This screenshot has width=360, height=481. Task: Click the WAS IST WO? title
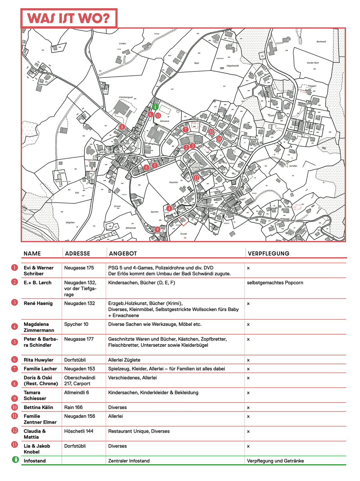(x=69, y=18)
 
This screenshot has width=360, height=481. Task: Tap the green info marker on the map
(x=155, y=107)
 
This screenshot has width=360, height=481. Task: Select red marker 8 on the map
(x=122, y=127)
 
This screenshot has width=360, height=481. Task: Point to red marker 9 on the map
(x=157, y=229)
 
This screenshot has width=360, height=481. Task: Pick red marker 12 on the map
(x=196, y=178)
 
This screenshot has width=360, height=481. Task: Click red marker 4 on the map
(x=169, y=208)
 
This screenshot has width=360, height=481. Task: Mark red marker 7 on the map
(x=185, y=129)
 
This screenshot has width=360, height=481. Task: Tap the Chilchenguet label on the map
(x=126, y=97)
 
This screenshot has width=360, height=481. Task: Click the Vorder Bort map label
(x=313, y=63)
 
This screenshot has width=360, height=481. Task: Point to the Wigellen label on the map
(x=70, y=223)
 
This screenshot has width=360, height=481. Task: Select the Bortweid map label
(x=321, y=42)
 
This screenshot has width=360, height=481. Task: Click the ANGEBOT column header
(x=123, y=253)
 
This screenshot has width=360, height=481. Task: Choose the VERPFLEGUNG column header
(x=268, y=253)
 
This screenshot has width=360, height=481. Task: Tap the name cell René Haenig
(x=38, y=303)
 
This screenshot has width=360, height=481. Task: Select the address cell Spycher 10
(x=76, y=324)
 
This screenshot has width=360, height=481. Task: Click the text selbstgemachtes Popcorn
(x=275, y=282)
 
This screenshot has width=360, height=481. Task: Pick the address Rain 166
(x=73, y=407)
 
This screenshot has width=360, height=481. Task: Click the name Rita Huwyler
(x=38, y=360)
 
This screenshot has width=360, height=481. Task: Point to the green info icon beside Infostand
(x=15, y=459)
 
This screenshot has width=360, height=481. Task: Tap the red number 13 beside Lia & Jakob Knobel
(x=15, y=444)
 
